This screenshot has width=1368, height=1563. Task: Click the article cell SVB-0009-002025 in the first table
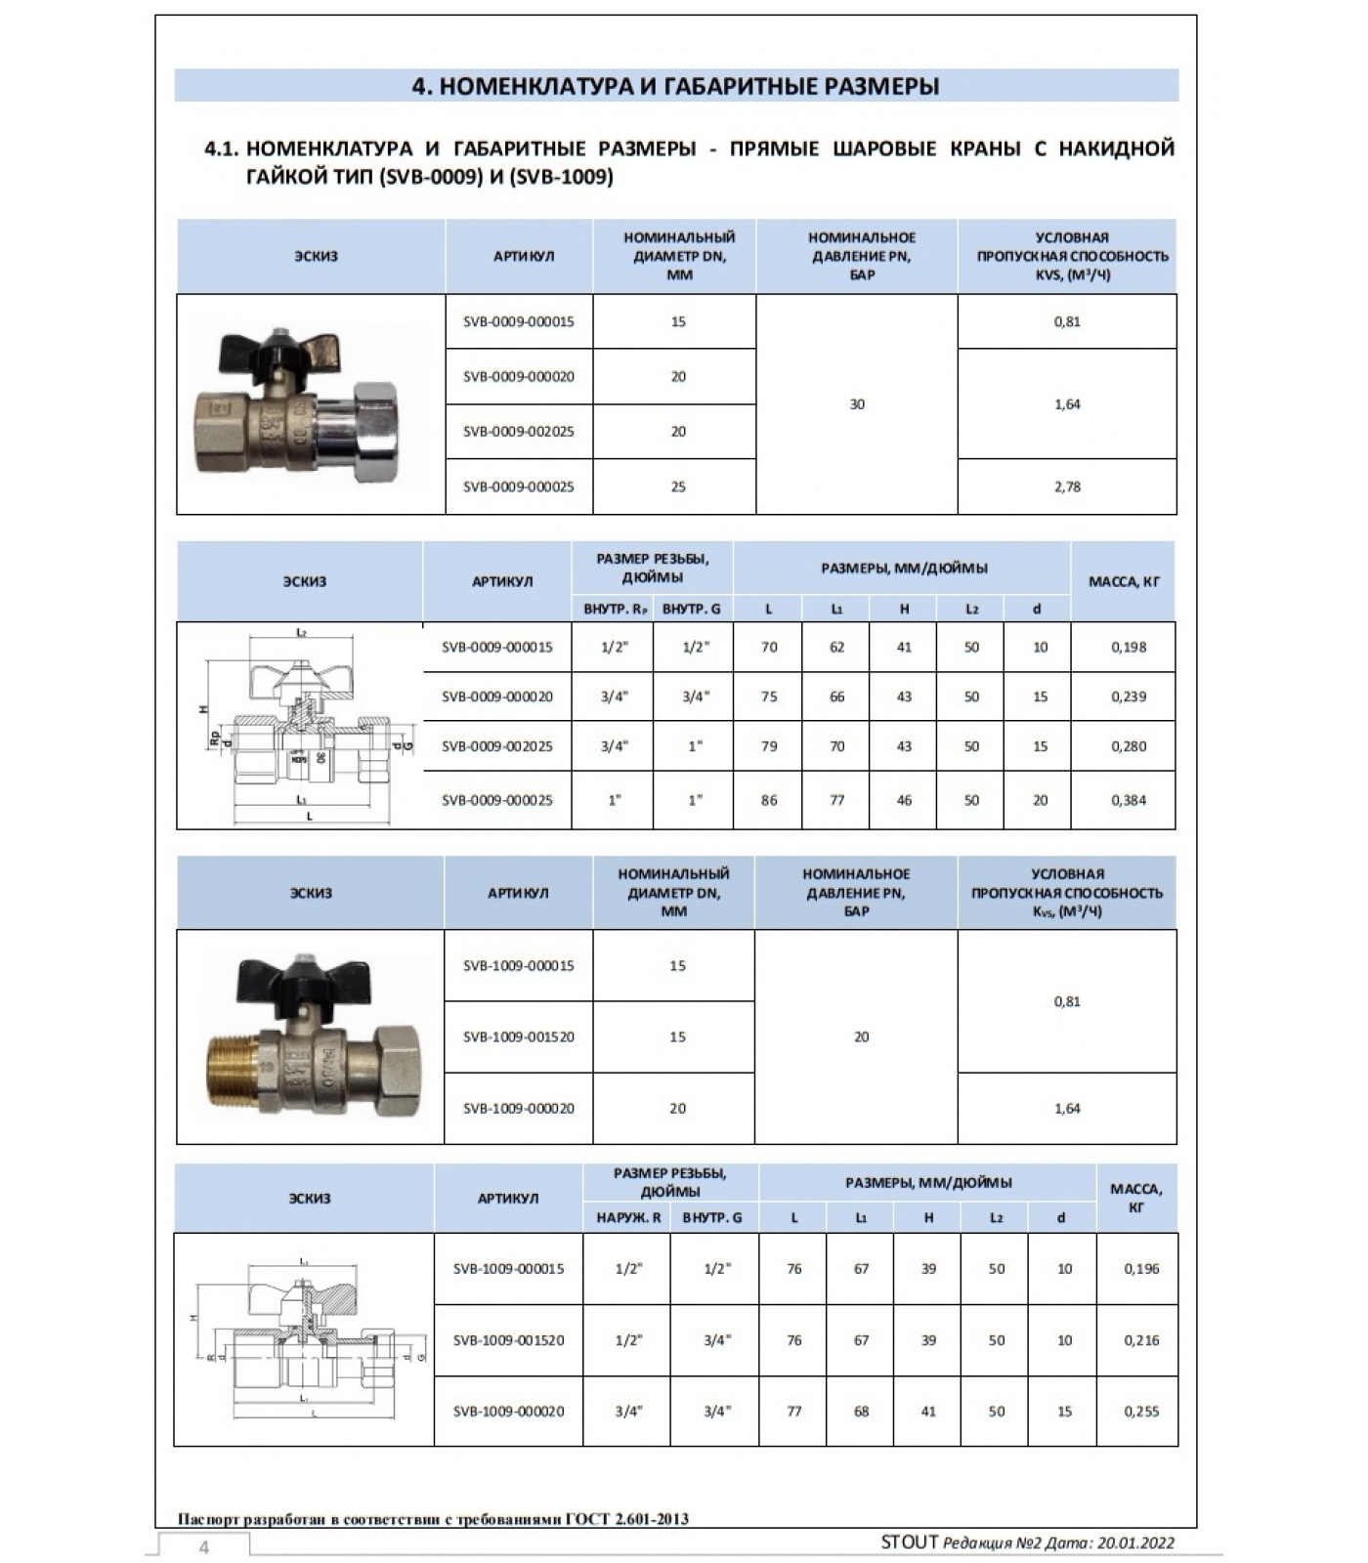coord(518,432)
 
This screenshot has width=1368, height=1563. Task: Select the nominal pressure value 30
coord(857,404)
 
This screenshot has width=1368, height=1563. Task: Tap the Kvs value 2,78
coord(1067,486)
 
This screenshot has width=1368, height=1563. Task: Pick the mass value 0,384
coord(1129,800)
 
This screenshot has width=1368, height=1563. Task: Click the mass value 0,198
coord(1129,647)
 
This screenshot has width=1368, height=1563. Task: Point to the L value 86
coord(769,800)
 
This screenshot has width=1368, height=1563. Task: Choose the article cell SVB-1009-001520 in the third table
coord(518,1036)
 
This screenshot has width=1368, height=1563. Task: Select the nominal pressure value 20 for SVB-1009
coord(861,1036)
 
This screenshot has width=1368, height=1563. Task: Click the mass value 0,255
coord(1141,1411)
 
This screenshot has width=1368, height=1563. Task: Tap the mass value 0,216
coord(1141,1340)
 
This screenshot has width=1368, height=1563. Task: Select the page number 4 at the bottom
coord(204,1547)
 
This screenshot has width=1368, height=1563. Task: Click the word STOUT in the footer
coord(909,1542)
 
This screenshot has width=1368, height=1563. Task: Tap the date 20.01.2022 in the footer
coord(1134,1543)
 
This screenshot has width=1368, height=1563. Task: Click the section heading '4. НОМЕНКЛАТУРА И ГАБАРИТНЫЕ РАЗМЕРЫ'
coord(676,86)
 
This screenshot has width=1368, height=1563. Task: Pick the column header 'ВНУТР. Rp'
coord(615,609)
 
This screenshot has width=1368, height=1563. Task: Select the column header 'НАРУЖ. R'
coord(628,1217)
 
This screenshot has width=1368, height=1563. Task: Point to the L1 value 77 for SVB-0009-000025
coord(836,800)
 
